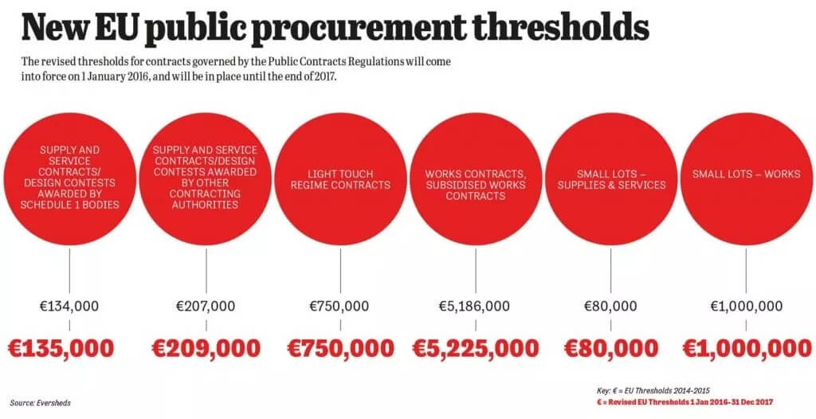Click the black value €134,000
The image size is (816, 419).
pos(70,306)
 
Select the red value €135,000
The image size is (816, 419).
pos(61,348)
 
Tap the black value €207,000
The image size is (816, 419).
pos(206,306)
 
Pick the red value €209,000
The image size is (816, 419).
pos(206,348)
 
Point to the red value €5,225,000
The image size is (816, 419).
pos(476,348)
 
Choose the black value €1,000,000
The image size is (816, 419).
pos(747,306)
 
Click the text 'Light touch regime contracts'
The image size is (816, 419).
pos(339,179)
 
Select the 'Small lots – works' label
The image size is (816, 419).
pos(746,174)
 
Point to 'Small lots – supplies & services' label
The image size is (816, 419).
pos(610,179)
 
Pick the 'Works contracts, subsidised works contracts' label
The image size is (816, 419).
pos(476,185)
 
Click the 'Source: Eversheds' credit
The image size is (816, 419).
pos(41,403)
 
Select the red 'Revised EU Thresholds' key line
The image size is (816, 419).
pos(686,402)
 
